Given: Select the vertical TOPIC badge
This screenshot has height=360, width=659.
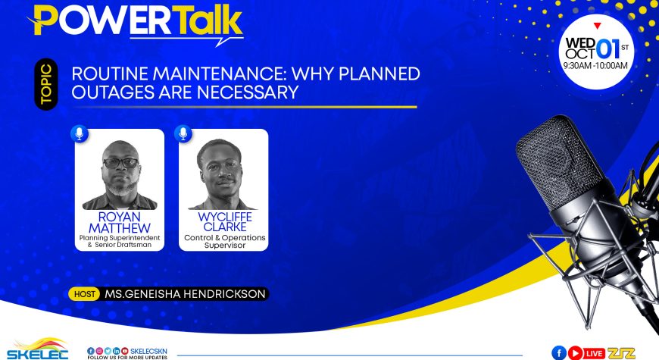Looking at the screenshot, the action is (x=45, y=84).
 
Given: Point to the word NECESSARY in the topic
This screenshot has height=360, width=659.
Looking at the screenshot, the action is (x=248, y=92).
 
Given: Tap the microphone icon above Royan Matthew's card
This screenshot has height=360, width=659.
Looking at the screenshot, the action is (x=80, y=133).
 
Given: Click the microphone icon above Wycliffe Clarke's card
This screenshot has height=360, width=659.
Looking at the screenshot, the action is (x=183, y=133).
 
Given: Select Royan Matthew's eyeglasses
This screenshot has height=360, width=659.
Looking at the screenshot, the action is (x=120, y=163).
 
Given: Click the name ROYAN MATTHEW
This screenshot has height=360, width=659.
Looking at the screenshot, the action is (x=120, y=223).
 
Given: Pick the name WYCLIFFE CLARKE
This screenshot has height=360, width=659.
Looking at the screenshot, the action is (x=225, y=221).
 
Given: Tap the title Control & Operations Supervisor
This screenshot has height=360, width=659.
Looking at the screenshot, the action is (x=225, y=242).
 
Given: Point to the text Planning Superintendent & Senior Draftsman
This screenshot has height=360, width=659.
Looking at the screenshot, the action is (x=120, y=241).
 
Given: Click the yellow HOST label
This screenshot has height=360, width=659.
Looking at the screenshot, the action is (x=84, y=294).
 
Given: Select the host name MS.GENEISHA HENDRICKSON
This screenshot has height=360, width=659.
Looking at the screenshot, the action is (x=185, y=294).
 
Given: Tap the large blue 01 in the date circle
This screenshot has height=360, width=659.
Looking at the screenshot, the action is (x=607, y=49).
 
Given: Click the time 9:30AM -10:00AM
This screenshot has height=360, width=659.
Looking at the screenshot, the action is (x=595, y=66).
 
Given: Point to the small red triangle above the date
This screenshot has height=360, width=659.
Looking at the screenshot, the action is (x=597, y=26).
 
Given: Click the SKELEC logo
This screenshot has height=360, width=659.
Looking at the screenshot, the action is (x=38, y=349).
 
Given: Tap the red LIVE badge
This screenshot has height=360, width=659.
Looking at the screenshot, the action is (x=595, y=353).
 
